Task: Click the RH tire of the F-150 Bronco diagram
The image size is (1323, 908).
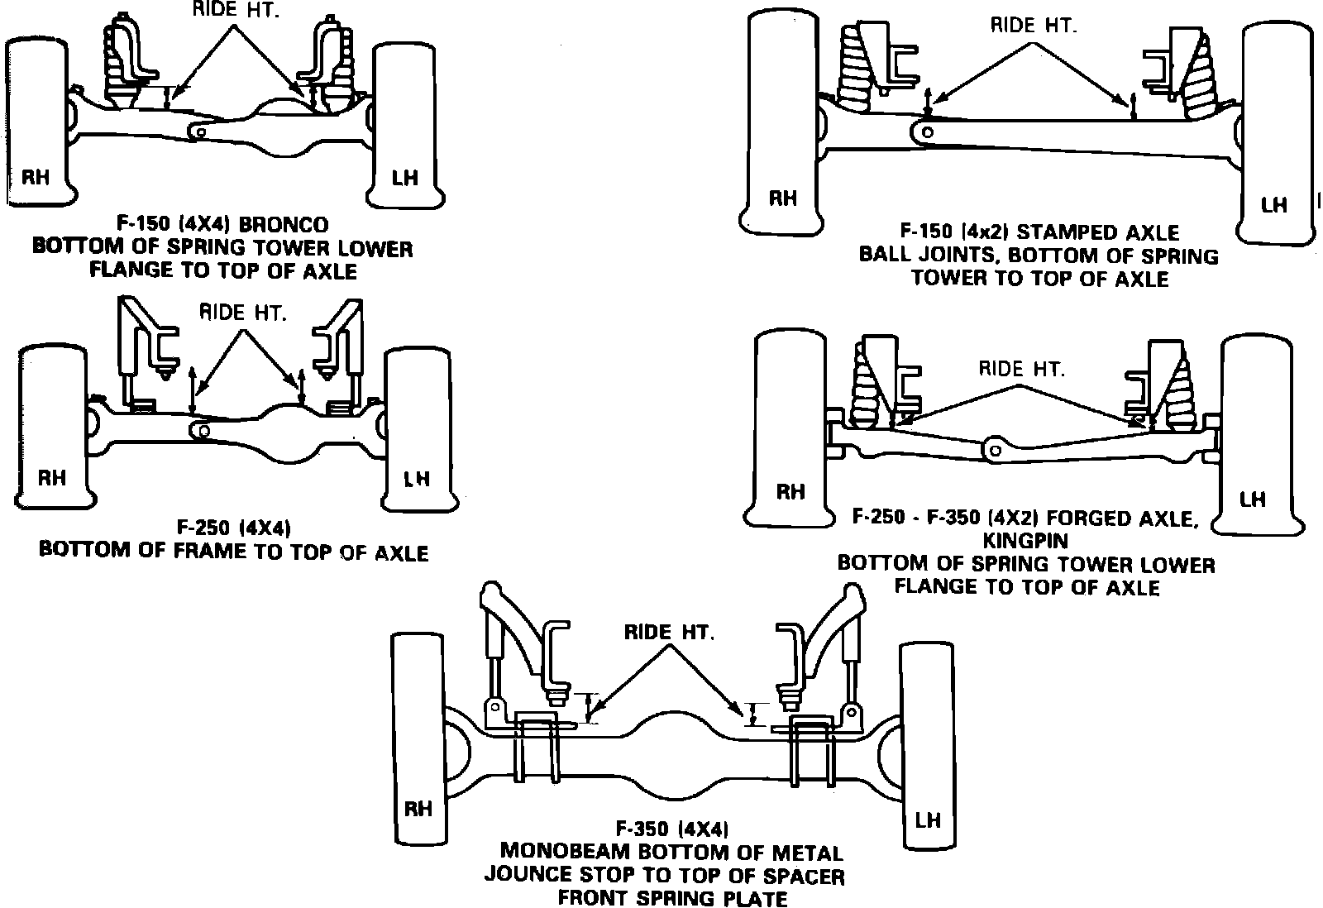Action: pos(36,124)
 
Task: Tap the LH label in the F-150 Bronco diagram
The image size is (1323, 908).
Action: pos(405,177)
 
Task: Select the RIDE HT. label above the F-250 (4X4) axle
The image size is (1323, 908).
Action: pos(243,313)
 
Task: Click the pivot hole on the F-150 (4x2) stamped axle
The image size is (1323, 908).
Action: pos(928,131)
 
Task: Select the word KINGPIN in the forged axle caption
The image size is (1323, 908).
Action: pos(1025,541)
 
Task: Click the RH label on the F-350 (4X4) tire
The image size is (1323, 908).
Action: pos(418,808)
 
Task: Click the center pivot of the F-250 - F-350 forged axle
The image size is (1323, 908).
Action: pos(995,449)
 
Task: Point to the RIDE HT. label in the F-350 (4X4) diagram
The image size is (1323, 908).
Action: pos(669,633)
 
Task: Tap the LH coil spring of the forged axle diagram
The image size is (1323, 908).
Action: pos(1177,389)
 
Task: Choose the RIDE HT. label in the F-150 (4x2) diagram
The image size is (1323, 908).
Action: pos(1034,26)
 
